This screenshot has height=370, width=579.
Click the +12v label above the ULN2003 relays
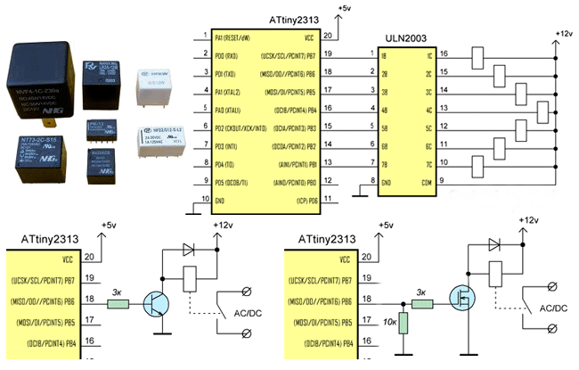pos(563,33)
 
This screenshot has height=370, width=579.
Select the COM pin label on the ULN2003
pos(428,181)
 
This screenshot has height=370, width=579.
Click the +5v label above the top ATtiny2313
pos(346,8)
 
